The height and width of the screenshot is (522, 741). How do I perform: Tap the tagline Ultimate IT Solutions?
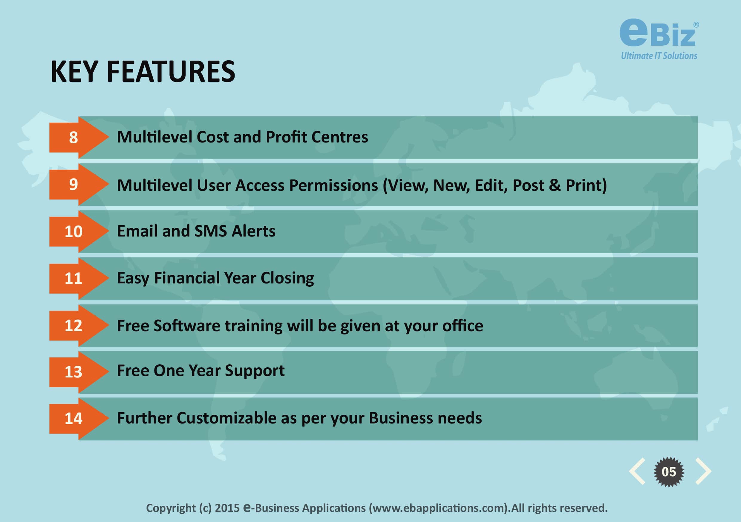[x=659, y=56]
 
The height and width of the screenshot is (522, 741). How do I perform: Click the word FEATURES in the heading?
[x=171, y=72]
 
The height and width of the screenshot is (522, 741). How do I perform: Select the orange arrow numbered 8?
[x=79, y=137]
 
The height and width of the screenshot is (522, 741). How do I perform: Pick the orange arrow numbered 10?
[x=79, y=232]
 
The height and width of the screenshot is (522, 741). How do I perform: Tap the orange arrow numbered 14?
[x=79, y=419]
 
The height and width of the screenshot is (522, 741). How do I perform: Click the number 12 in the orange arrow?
[x=73, y=326]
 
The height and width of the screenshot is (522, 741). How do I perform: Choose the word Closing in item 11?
[x=287, y=278]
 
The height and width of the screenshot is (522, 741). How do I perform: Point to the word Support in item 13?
[x=255, y=371]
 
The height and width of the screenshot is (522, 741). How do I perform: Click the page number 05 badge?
[x=668, y=472]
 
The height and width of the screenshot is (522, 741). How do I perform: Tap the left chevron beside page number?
[x=637, y=471]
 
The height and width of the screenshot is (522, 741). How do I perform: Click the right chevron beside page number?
[x=703, y=471]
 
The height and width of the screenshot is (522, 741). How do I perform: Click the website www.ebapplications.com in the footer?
[x=439, y=508]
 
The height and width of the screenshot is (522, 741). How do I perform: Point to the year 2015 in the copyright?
[x=227, y=508]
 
